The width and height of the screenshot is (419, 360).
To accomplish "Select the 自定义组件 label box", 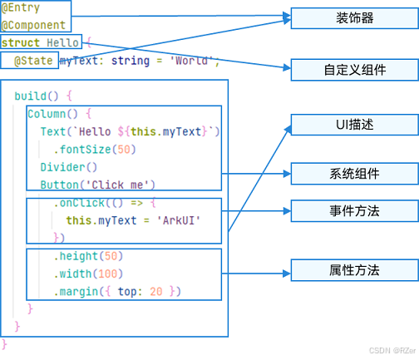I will pyautogui.click(x=354, y=70).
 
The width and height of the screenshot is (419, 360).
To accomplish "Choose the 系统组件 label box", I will pyautogui.click(x=354, y=173).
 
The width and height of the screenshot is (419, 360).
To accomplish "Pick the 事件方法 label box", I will pyautogui.click(x=354, y=211).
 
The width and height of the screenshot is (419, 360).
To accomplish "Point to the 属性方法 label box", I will pyautogui.click(x=354, y=269).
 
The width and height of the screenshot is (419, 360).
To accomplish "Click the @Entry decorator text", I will pyautogui.click(x=18, y=7).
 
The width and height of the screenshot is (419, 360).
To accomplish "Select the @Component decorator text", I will pyautogui.click(x=32, y=25).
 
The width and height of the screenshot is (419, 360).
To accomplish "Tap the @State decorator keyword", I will pyautogui.click(x=34, y=61).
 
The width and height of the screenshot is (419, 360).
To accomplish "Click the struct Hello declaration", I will pyautogui.click(x=41, y=42).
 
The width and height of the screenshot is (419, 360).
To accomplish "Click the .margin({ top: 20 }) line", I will pyautogui.click(x=116, y=291).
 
